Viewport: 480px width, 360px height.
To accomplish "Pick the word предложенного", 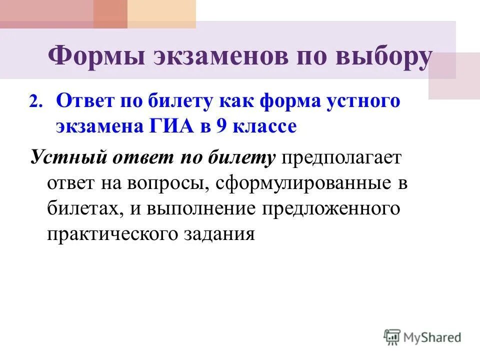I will click(330, 208).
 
